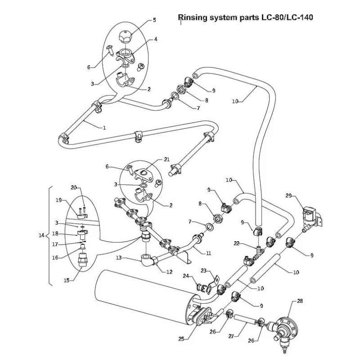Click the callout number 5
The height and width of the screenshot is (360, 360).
tap(154, 20)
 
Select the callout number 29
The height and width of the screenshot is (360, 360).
tap(289, 196)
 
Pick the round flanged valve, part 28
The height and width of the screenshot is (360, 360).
tap(286, 325)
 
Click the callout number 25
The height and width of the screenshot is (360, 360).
tap(181, 338)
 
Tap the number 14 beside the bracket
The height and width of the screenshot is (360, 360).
tap(42, 235)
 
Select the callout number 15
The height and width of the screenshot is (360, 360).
tap(67, 280)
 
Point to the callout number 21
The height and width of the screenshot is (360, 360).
tap(167, 160)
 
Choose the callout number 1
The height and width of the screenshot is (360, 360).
tap(104, 128)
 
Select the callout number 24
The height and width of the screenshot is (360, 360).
tap(184, 275)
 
